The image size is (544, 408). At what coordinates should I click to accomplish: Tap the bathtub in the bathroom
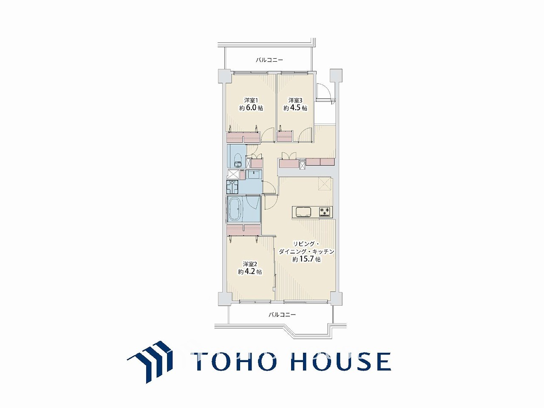click(x=235, y=209)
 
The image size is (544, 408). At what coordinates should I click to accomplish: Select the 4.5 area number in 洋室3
click(x=295, y=108)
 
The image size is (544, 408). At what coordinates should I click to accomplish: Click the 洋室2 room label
click(x=249, y=263)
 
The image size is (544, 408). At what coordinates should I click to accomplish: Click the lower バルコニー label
click(x=282, y=315)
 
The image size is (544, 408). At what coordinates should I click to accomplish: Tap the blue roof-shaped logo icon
click(x=150, y=362)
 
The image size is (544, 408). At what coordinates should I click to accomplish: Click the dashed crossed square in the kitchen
click(x=324, y=184)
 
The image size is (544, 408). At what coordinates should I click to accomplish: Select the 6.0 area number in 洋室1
click(x=251, y=108)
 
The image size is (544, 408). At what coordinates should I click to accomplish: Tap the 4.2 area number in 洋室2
click(x=249, y=272)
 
